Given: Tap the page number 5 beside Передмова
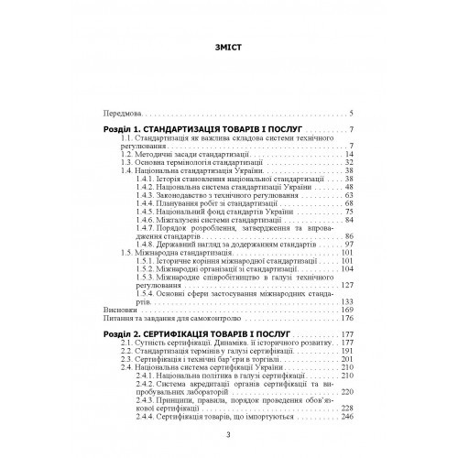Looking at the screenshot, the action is [x=352, y=114].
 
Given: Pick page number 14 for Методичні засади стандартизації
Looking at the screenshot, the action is [x=349, y=155].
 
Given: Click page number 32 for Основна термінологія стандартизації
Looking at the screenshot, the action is [x=349, y=163].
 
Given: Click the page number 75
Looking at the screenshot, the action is [x=349, y=213].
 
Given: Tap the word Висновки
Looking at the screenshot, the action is [x=119, y=310].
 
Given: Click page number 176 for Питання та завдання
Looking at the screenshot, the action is [x=347, y=318].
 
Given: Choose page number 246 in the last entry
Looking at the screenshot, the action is [x=347, y=416].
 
